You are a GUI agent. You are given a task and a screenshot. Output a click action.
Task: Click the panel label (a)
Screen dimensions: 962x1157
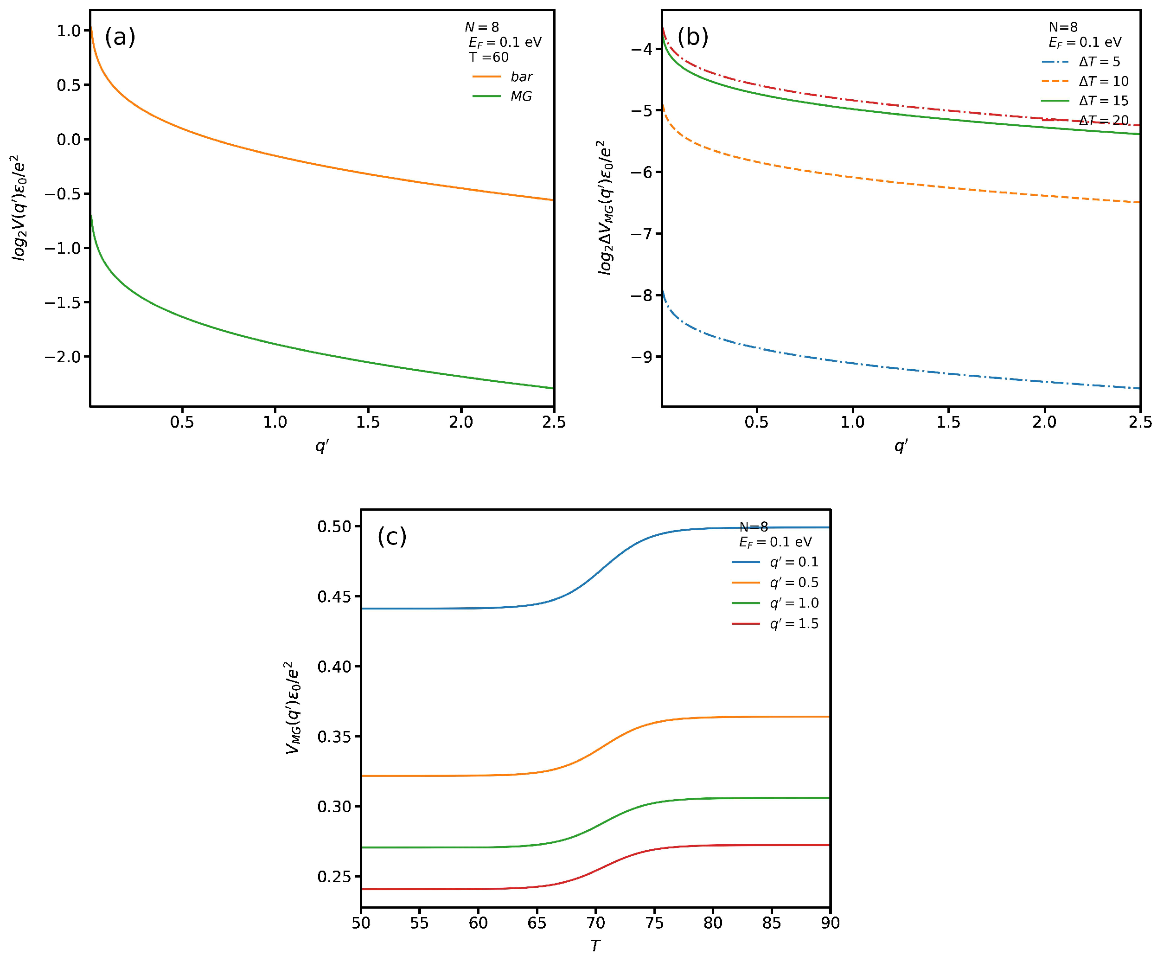(x=120, y=38)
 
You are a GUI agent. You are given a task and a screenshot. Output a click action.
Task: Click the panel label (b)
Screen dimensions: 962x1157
(x=692, y=38)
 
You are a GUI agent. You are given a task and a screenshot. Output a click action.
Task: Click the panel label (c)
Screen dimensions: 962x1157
(x=392, y=537)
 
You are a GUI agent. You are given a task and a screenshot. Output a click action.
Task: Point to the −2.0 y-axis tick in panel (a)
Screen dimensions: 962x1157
(x=62, y=357)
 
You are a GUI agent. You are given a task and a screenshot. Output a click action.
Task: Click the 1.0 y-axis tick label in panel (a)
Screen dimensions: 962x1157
(x=69, y=31)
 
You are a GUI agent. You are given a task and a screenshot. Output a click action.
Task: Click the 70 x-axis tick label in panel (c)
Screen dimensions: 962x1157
(x=595, y=923)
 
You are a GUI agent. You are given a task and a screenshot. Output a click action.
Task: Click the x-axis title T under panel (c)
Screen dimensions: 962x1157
(x=595, y=946)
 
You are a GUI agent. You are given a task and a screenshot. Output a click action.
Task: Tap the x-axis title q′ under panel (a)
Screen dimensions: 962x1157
(x=322, y=445)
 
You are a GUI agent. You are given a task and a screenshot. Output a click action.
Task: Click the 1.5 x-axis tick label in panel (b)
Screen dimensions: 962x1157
(x=948, y=422)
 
